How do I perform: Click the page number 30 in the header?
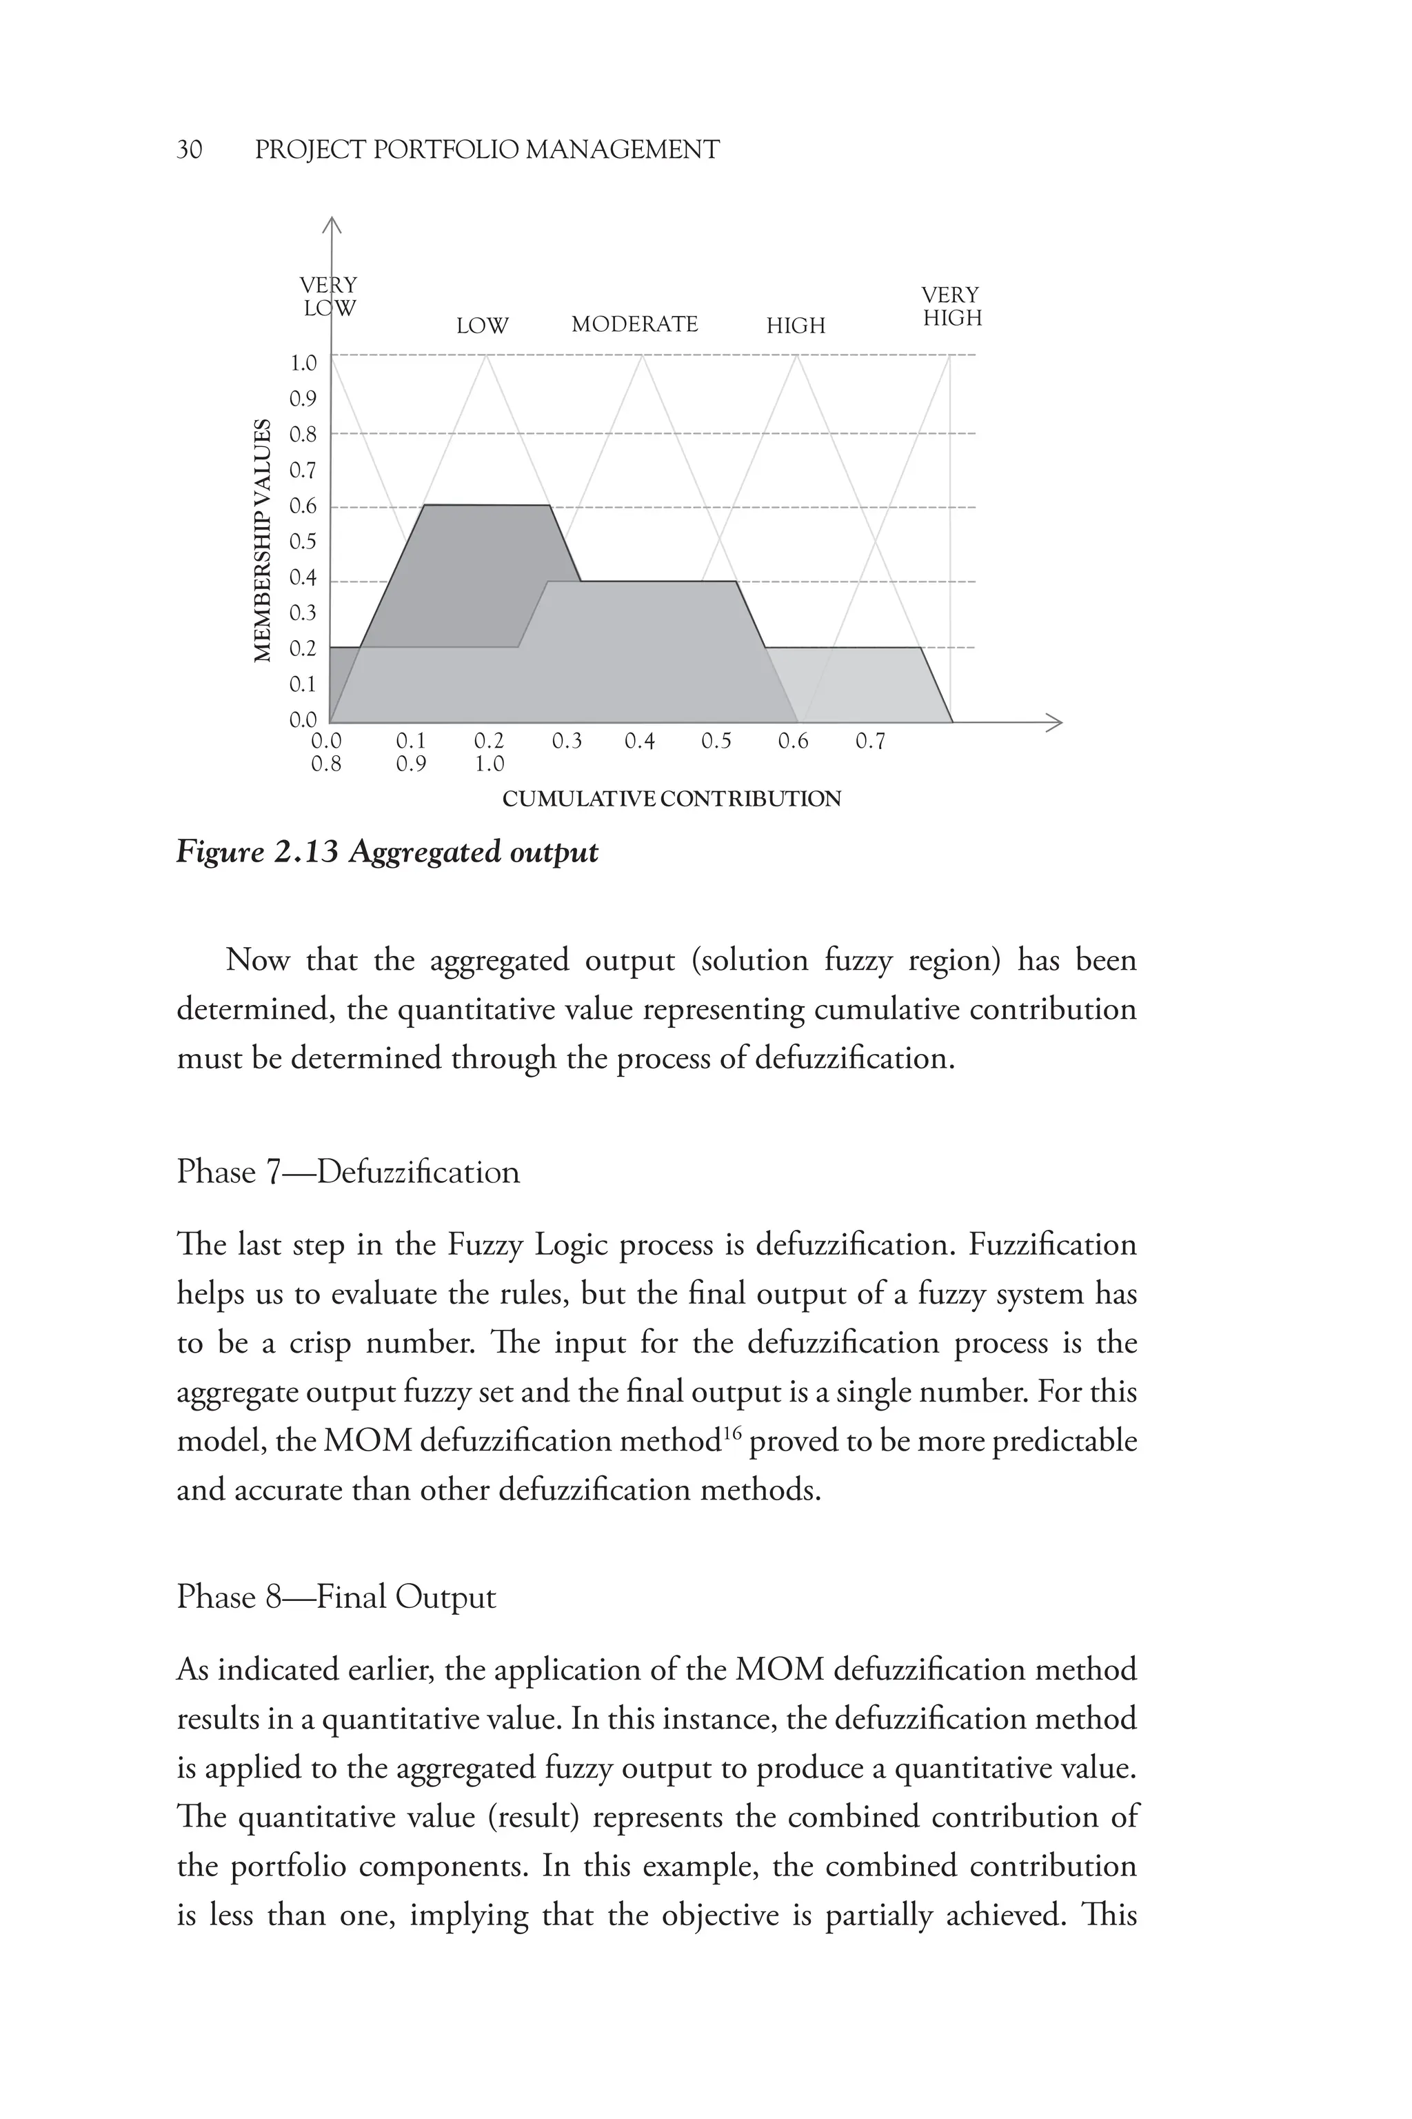click(189, 150)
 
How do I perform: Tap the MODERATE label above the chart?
click(635, 324)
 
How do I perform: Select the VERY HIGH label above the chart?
click(952, 307)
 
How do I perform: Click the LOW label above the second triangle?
click(482, 326)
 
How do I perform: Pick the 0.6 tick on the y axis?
click(303, 506)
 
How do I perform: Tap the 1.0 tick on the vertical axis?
click(303, 363)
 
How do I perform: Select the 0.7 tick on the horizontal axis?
click(870, 742)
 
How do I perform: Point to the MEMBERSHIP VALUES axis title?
click(263, 541)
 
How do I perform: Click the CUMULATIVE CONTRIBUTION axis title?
click(671, 799)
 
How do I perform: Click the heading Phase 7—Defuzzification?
click(347, 1172)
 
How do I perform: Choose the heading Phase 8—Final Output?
click(336, 1598)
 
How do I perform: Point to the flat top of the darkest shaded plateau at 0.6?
click(486, 506)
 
